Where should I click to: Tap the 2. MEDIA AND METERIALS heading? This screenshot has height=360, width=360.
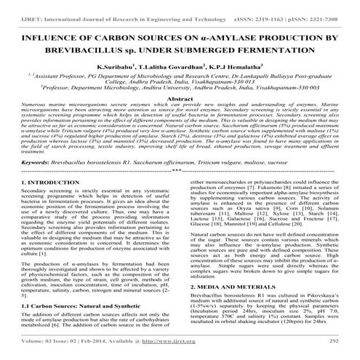(x=235, y=267)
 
